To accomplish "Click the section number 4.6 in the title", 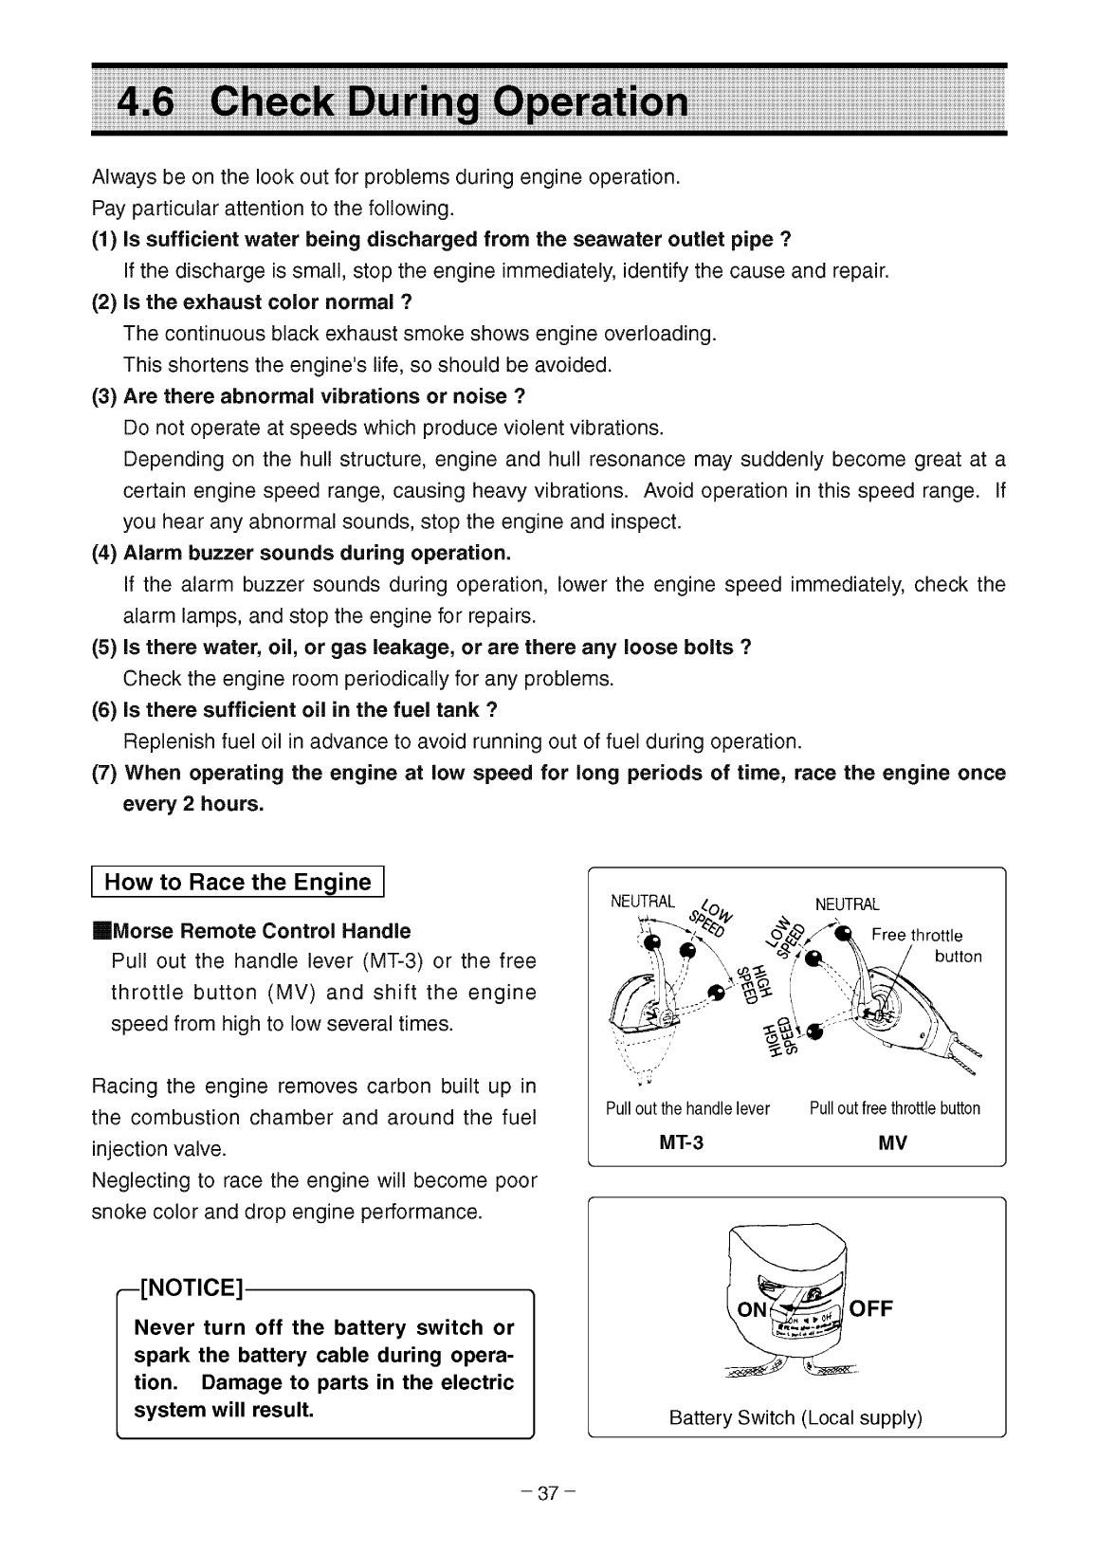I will [x=145, y=100].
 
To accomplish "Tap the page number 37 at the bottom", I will [x=548, y=1493].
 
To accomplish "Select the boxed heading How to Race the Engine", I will [x=237, y=882].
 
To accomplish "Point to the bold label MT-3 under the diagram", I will [x=681, y=1142].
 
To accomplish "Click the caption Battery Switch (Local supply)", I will [x=795, y=1418].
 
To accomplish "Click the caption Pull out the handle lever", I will [x=687, y=1108].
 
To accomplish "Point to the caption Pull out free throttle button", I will [x=895, y=1108].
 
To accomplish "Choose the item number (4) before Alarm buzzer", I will [x=105, y=553].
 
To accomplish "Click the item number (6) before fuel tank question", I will [x=105, y=710].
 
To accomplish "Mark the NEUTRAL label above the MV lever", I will [x=848, y=904].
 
